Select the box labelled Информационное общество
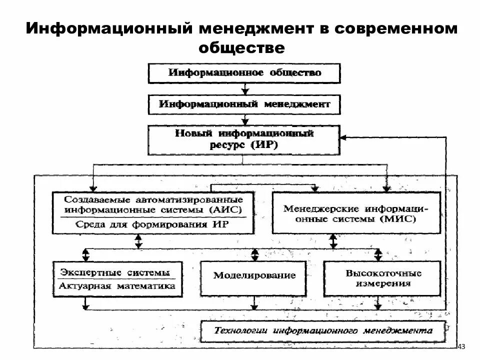coord(244,73)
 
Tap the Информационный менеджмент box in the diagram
coord(244,104)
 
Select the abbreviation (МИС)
coord(398,219)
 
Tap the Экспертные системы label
coord(115,272)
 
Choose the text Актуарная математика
coord(117,286)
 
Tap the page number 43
coord(461,346)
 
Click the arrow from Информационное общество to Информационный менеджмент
coord(244,89)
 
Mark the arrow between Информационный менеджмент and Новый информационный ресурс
coord(244,120)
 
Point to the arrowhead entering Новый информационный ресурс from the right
coord(343,136)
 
